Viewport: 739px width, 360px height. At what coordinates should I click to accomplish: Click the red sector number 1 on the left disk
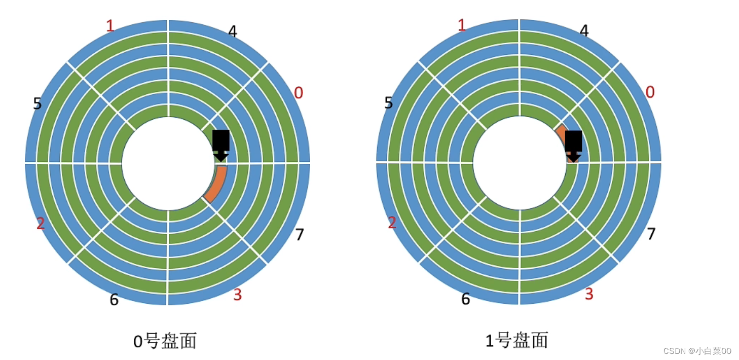coord(110,25)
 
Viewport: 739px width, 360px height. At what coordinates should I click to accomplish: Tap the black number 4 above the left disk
coord(232,32)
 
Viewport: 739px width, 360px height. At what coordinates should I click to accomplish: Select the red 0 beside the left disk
coord(299,93)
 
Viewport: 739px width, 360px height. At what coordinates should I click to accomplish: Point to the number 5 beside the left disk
coord(37,104)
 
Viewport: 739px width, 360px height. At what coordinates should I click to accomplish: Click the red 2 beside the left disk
coord(40,223)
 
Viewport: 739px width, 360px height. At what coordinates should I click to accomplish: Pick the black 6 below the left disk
coord(114,300)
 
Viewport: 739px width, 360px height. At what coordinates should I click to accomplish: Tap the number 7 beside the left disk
coord(300,235)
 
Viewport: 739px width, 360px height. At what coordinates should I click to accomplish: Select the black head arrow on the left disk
coord(220,145)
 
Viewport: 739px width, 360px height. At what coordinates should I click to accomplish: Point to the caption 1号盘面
coord(516,340)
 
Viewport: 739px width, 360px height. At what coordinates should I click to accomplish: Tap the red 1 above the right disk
coord(461,25)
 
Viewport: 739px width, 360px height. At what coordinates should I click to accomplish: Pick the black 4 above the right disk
coord(584,31)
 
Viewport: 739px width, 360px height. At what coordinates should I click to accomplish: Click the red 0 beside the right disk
coord(650,92)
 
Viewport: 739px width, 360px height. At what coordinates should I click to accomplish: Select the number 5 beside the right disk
coord(388,103)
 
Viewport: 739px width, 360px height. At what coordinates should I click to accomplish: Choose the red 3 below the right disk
coord(589,294)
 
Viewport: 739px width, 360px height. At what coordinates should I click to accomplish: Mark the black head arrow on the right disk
coord(573,146)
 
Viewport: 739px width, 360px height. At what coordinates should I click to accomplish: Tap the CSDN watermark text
coord(697,351)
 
